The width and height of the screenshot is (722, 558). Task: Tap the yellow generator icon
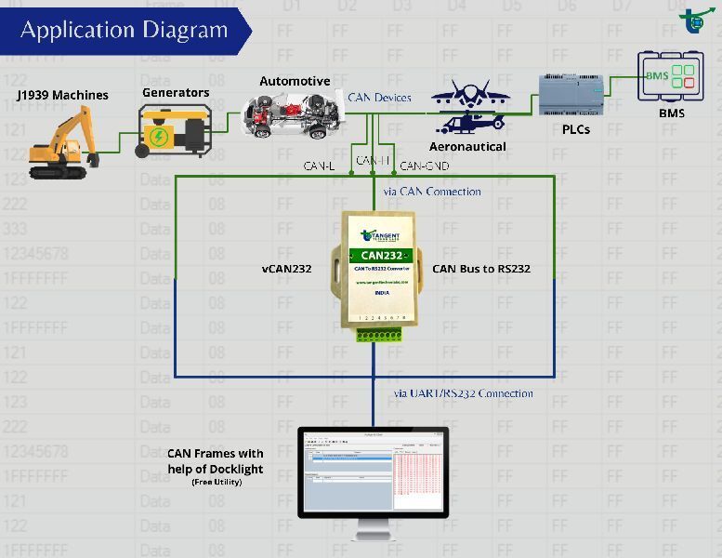click(174, 130)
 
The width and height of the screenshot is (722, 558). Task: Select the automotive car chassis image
click(292, 116)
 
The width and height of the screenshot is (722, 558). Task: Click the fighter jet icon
click(469, 95)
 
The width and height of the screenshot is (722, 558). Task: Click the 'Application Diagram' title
click(124, 30)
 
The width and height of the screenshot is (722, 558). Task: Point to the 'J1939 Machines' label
click(62, 95)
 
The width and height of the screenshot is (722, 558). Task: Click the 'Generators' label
click(176, 92)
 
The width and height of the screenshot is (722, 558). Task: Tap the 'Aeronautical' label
click(467, 146)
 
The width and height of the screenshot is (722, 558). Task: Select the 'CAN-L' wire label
click(319, 166)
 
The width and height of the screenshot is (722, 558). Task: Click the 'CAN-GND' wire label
click(425, 166)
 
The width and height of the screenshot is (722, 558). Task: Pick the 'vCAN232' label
click(286, 269)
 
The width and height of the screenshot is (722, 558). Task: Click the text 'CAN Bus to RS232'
click(481, 269)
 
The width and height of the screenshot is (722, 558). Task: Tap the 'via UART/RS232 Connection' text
click(464, 393)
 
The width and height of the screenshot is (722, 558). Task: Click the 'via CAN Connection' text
click(432, 192)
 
